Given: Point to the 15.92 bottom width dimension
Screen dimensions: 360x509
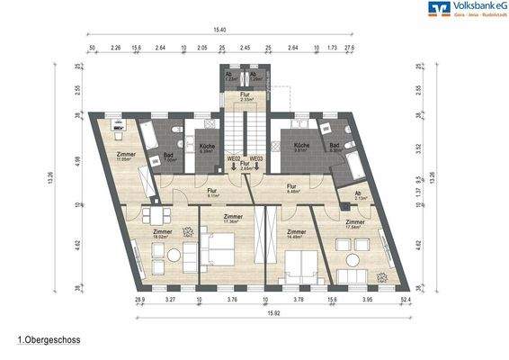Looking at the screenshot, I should [272, 313].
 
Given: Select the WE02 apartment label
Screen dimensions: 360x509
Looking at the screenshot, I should [232, 158].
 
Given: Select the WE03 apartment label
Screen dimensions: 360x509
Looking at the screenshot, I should [256, 158].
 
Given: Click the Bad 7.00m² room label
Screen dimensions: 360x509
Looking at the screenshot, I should [169, 158].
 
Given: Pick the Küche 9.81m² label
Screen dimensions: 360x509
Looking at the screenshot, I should [300, 148].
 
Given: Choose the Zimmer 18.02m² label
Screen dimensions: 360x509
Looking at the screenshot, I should [163, 233].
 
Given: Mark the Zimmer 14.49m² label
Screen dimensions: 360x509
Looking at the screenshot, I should [297, 233].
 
